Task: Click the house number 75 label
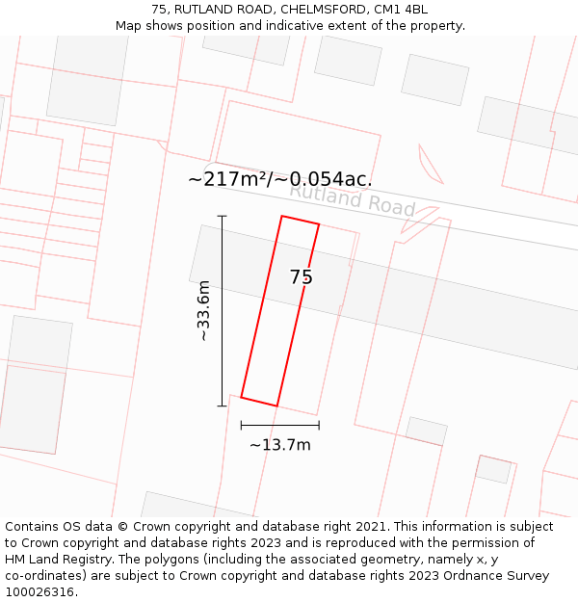click(x=302, y=277)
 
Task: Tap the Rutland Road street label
click(x=352, y=199)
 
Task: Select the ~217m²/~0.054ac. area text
click(x=279, y=179)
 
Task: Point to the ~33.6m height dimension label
click(x=203, y=310)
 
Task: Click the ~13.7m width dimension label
click(x=280, y=445)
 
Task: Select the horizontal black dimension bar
click(x=280, y=425)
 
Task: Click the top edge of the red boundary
click(x=300, y=221)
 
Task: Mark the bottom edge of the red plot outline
click(x=259, y=402)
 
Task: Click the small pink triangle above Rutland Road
click(x=429, y=165)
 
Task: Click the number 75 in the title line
click(x=159, y=10)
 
